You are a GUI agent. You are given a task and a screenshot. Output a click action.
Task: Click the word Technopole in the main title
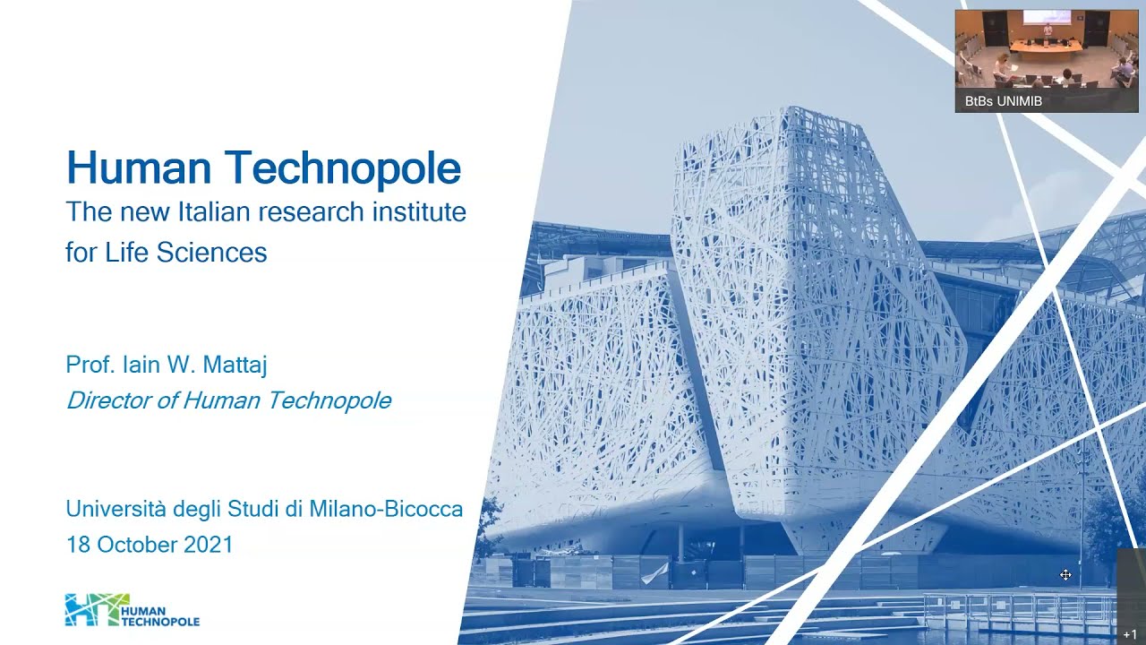click(343, 168)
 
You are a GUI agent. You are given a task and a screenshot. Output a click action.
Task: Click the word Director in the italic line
click(108, 400)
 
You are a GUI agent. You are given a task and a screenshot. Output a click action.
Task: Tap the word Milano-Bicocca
click(386, 510)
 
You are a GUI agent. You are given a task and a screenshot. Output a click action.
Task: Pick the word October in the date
click(136, 545)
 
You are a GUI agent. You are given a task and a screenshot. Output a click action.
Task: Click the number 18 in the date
click(78, 545)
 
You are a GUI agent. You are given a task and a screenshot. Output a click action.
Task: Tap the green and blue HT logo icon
click(90, 609)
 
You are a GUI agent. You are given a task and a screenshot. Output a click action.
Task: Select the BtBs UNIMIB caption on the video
click(1003, 101)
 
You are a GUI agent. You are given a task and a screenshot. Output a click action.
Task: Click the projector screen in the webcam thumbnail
click(1046, 17)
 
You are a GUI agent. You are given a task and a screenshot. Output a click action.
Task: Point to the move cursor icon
click(1065, 575)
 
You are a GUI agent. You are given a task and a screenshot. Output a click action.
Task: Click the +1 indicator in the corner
click(1129, 634)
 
